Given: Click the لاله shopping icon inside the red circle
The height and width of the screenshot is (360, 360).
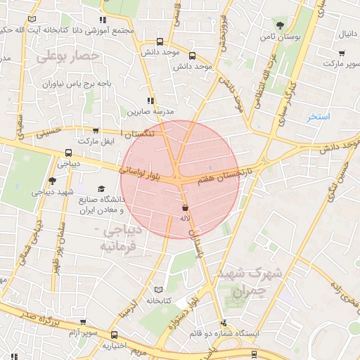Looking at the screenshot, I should click(185, 208).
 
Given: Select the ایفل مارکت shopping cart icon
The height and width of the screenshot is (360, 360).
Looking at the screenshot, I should click(96, 131).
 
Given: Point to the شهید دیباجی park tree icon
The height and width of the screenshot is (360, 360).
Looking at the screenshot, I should click(53, 181).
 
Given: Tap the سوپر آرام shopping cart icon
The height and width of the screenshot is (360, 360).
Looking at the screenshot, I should click(84, 322).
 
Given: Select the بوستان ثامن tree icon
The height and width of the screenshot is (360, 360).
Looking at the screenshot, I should click(281, 25).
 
